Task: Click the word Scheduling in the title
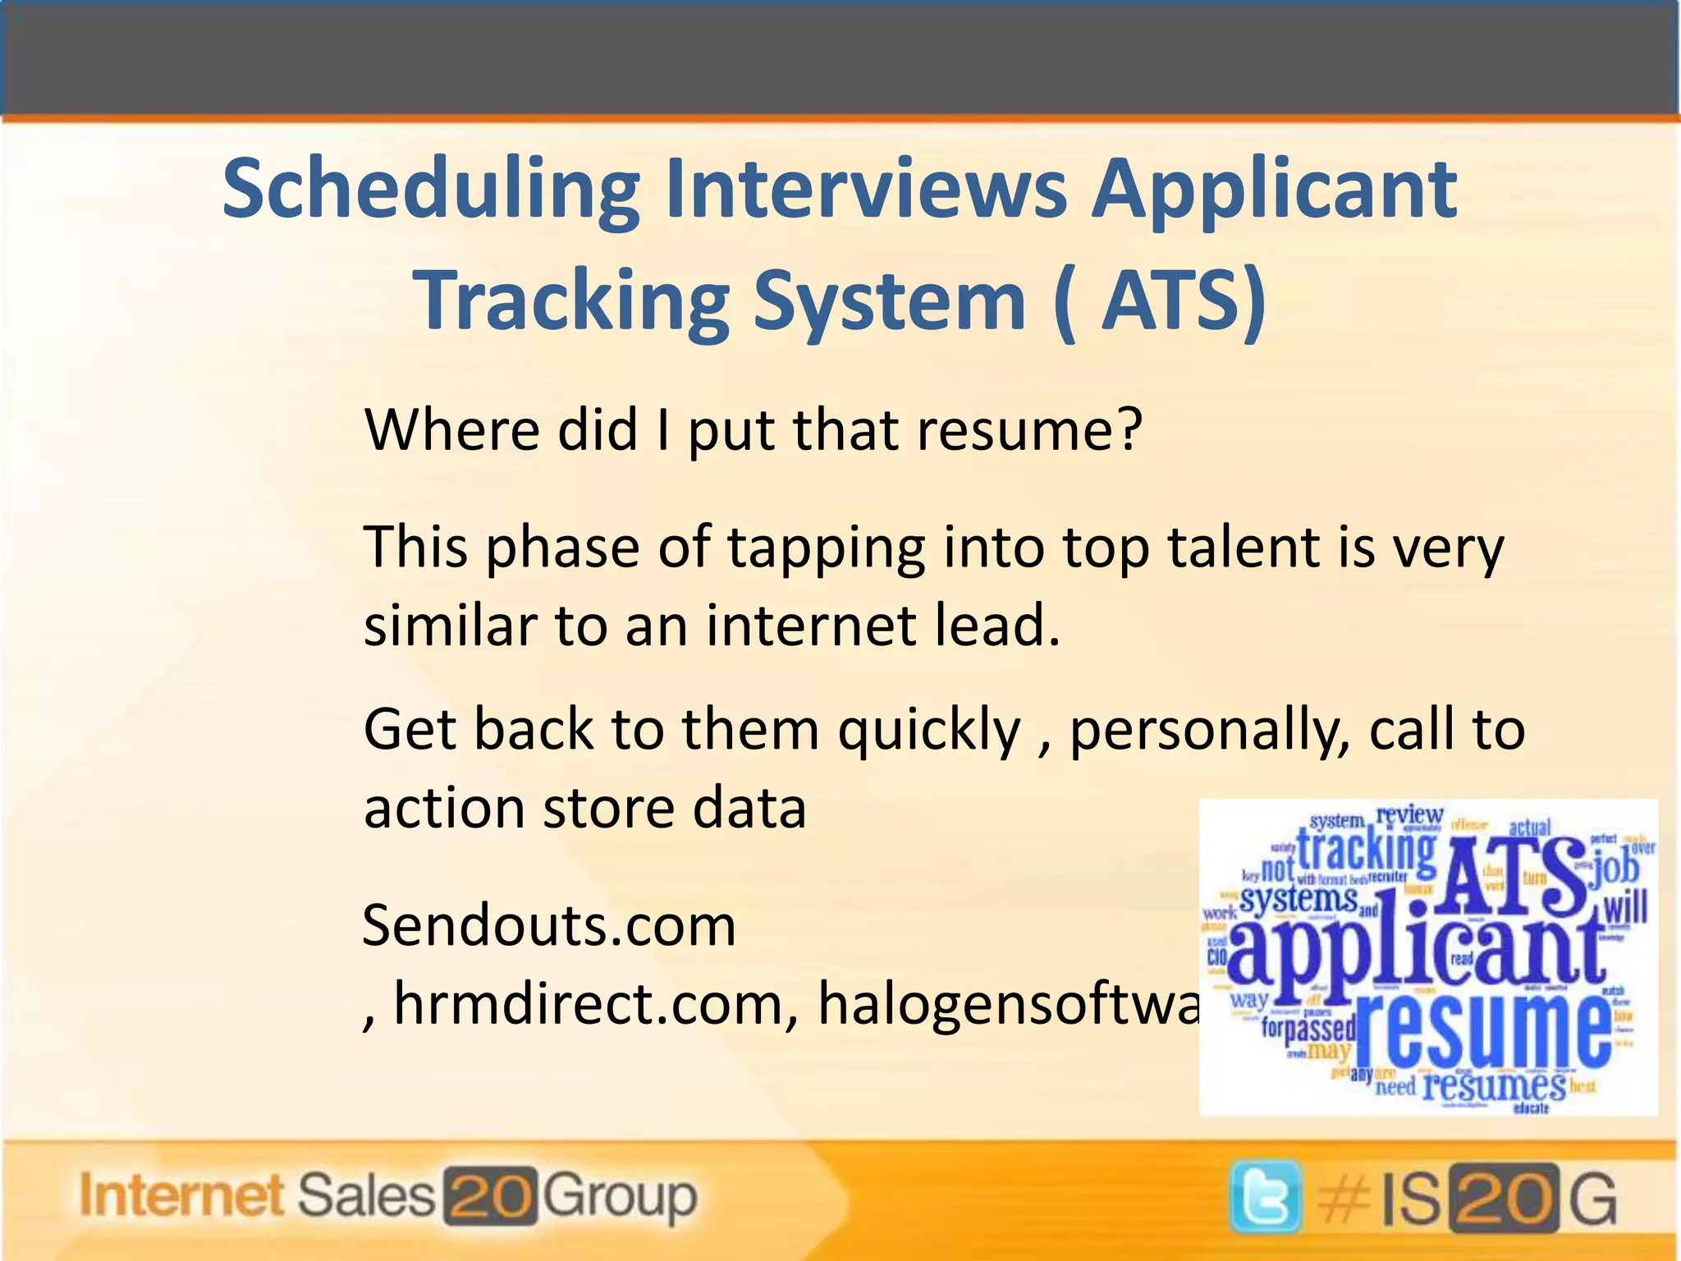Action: (x=430, y=190)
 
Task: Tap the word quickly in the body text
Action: (x=928, y=731)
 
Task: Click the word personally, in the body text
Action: (x=1210, y=731)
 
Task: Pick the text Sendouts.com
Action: (x=549, y=926)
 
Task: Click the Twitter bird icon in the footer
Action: (x=1265, y=1198)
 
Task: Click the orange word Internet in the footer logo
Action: (x=181, y=1195)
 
